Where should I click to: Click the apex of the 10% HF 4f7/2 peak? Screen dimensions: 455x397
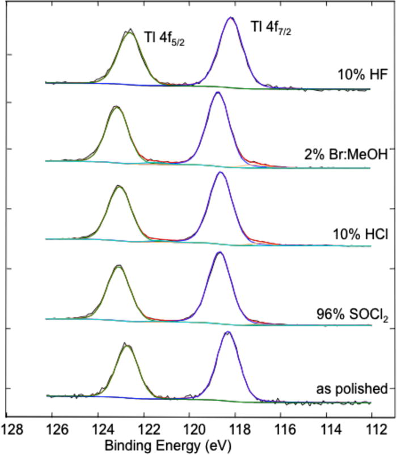[x=230, y=18]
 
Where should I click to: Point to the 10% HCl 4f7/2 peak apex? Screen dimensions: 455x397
[x=221, y=172]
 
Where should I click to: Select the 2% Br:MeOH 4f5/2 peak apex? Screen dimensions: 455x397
[x=116, y=107]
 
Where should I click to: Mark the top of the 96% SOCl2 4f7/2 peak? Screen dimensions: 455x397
[x=220, y=252]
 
